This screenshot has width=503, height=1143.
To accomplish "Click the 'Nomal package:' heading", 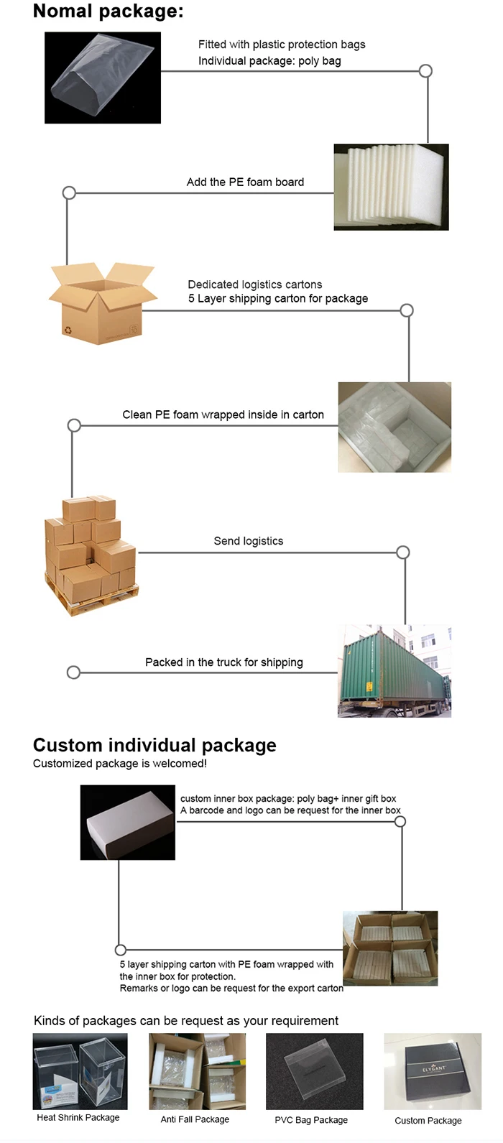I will pos(108,11).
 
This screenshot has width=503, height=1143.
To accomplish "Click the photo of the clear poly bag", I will pos(102,78).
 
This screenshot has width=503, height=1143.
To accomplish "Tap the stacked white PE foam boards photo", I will pos(391,187).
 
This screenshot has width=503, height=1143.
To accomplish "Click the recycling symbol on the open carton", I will pos(68,330).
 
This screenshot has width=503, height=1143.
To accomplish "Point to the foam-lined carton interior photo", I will pos(394,427).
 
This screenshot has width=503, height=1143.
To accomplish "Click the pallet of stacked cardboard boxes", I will pos(91,555).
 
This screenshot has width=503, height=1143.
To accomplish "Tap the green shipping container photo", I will pos(394,671).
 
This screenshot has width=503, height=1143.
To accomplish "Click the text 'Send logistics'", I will pos(248,541).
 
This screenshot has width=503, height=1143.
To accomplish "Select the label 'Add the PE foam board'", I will pos(245,182).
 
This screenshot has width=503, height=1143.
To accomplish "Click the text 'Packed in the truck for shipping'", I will pos(223,662).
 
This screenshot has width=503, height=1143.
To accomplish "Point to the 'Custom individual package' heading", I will pos(154,745).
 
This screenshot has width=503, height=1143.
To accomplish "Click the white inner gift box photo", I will pos(127,823).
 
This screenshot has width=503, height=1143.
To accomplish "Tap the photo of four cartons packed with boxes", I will pos(390,948).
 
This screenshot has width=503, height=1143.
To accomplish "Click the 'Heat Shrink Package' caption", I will pos(78,1118).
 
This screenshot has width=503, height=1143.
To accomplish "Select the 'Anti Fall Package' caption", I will pos(195,1119).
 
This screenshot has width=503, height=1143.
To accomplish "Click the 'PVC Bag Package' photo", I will pos(314,1071).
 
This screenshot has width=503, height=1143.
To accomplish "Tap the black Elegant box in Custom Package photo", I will pos(433,1071).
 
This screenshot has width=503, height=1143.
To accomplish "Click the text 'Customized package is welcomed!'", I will pos(120,764).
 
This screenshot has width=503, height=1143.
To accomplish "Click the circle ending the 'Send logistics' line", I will pos(403,552).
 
